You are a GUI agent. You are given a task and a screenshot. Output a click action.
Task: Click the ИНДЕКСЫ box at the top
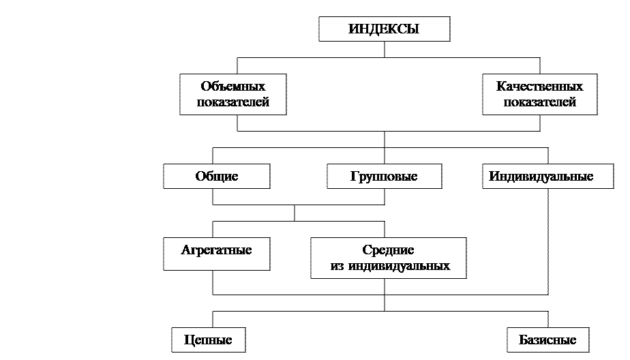[x=384, y=29]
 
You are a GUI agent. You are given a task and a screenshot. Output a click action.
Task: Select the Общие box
[x=216, y=177]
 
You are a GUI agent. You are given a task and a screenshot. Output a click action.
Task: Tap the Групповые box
[x=384, y=177]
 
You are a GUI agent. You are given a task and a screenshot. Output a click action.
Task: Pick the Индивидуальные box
[x=541, y=177]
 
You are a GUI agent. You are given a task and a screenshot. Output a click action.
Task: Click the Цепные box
[x=208, y=340]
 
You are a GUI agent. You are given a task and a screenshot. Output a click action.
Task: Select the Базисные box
[x=547, y=340]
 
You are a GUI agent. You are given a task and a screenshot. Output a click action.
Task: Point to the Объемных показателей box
[x=232, y=95]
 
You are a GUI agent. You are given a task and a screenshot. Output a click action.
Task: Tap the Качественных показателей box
[x=539, y=95]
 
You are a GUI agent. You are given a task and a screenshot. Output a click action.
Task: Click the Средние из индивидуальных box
[x=388, y=258]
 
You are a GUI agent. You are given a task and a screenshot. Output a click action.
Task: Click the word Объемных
[x=232, y=87]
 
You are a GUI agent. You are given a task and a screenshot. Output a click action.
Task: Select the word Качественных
[x=539, y=87]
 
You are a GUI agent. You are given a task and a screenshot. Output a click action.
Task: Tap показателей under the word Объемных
[x=232, y=102]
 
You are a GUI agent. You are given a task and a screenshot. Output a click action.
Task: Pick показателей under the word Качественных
[x=539, y=102]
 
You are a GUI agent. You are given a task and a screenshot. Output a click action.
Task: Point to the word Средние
[x=388, y=250]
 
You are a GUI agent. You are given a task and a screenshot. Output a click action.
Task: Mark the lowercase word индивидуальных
[x=399, y=266]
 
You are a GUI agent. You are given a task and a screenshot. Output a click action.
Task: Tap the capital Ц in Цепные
[x=187, y=340]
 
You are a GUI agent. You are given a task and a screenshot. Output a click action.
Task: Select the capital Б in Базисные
[x=522, y=340]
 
